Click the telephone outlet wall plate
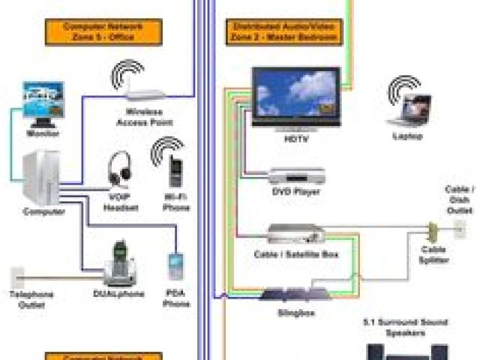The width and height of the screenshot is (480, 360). tap(19, 276)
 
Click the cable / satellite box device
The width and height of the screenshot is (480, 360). tap(297, 235)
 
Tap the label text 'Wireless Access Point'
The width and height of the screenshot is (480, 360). tap(144, 116)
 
